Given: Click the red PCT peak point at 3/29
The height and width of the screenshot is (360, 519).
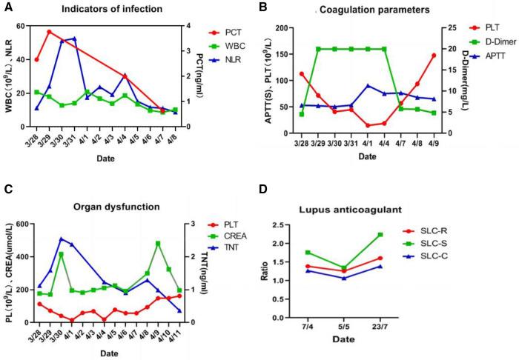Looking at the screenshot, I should coord(49,32).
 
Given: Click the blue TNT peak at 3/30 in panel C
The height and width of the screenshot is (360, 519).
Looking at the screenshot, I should coord(61,239).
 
